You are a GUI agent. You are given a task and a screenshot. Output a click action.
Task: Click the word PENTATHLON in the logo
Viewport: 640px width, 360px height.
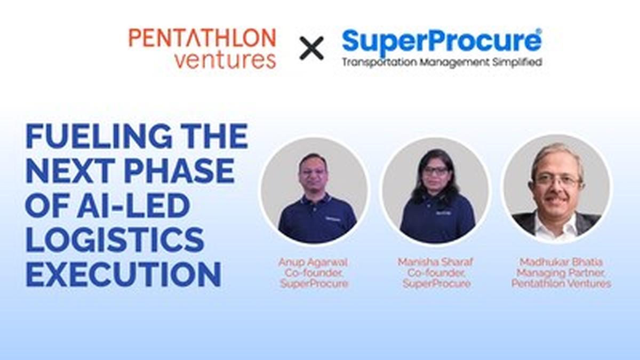coord(202,38)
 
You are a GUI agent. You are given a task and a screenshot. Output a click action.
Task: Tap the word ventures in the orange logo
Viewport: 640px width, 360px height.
coord(225,60)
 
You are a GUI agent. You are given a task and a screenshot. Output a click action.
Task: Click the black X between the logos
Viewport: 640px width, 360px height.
coord(311,48)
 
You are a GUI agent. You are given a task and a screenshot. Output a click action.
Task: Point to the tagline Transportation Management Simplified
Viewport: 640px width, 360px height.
coord(442,62)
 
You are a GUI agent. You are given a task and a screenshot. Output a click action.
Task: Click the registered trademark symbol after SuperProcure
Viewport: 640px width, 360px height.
coord(539,31)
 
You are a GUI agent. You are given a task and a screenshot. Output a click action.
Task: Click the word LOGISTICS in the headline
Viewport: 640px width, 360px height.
coord(115,241)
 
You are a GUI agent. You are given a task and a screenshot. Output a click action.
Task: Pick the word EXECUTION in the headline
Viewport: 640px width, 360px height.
coord(123,275)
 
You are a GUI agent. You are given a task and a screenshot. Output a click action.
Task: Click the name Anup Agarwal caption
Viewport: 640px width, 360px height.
coord(314,262)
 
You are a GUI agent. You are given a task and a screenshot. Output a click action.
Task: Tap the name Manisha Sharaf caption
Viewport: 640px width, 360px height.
coord(436,262)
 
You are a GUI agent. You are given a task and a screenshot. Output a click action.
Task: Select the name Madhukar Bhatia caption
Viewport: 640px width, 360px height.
coord(561,262)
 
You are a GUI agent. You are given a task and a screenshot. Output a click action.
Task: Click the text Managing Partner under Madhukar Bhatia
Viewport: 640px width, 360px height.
coord(561,273)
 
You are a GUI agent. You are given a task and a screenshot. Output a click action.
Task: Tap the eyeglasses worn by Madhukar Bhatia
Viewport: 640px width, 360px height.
coord(557,180)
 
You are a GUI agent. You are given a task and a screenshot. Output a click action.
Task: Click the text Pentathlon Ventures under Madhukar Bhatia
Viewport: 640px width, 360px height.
coord(561,284)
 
